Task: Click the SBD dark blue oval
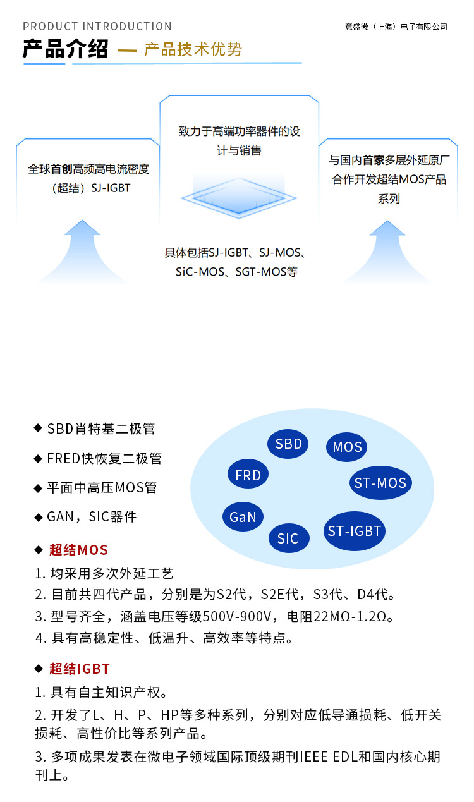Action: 289,444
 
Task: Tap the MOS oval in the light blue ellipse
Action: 347,447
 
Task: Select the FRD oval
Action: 248,476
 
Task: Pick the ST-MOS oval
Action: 380,483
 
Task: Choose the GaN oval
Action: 243,517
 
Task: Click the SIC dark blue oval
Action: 288,538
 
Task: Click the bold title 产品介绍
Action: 66,49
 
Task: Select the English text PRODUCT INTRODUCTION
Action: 97,27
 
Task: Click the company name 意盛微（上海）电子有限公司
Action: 396,27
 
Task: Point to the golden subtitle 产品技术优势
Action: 193,50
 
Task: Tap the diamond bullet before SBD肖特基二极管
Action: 38,429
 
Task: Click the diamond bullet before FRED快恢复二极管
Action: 38,458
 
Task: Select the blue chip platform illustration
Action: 238,198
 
